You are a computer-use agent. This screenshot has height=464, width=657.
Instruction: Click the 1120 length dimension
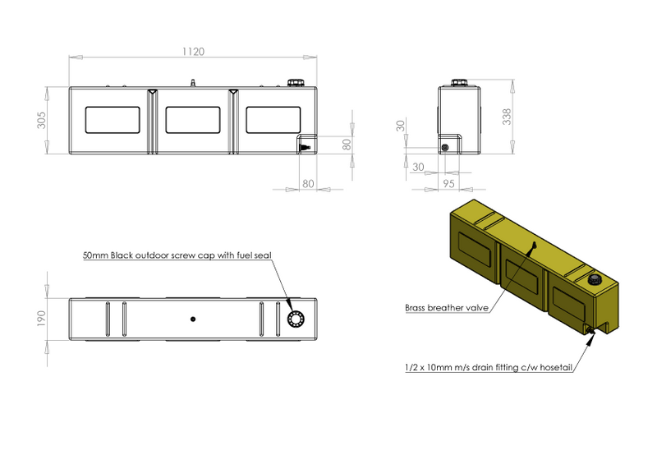193,52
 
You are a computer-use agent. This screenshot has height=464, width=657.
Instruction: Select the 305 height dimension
42,120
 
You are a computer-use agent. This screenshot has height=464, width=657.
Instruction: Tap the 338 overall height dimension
507,117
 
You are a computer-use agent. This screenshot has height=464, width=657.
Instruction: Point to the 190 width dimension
41,319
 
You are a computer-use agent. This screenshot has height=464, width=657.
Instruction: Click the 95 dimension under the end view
448,184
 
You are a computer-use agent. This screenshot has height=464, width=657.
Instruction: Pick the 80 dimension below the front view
308,184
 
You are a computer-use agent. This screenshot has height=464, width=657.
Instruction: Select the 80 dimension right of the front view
347,145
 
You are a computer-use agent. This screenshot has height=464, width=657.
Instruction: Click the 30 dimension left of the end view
401,126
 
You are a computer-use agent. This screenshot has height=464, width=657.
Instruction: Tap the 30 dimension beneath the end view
418,167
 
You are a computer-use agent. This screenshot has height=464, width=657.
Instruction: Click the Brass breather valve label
447,308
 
